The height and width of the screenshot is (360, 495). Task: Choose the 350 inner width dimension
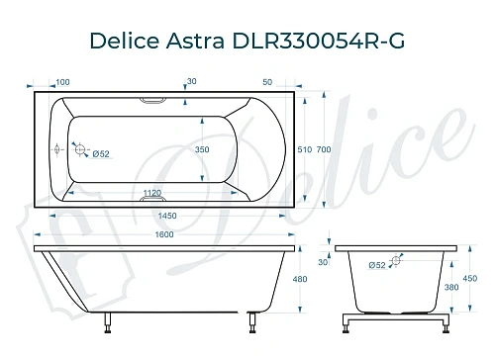(x=204, y=150)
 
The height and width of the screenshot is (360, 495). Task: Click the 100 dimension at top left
(x=62, y=82)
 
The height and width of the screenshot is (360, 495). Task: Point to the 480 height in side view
(x=314, y=279)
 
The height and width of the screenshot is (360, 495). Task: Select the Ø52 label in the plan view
(x=99, y=152)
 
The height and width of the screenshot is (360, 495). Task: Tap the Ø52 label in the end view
(x=378, y=265)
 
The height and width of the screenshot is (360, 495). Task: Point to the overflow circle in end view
(x=397, y=262)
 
